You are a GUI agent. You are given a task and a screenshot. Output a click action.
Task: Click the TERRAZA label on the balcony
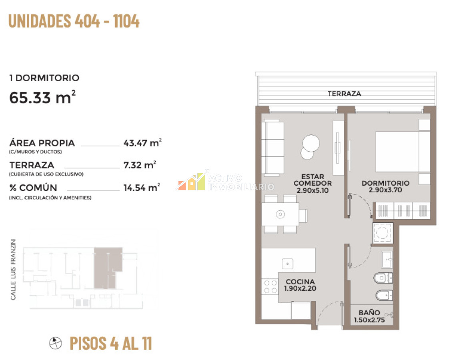click(344, 94)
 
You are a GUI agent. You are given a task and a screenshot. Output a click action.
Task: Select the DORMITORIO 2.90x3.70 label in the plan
click(385, 186)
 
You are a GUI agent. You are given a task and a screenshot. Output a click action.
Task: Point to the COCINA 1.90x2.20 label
click(300, 285)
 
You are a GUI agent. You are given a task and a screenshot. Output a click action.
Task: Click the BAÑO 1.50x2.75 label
click(369, 316)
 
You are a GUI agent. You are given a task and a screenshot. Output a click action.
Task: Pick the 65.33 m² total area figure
click(42, 97)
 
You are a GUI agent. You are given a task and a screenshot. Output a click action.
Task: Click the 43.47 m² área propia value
click(142, 142)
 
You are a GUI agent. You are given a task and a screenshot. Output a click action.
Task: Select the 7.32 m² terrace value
click(140, 165)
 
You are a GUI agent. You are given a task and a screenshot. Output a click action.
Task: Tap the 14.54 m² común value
click(142, 188)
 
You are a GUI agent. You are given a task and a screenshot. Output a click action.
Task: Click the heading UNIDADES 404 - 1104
click(74, 21)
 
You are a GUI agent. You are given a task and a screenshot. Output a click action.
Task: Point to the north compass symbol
click(55, 343)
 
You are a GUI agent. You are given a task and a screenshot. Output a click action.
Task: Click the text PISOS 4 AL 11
click(111, 343)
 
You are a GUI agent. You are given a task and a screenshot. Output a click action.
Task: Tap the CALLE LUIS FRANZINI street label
click(13, 269)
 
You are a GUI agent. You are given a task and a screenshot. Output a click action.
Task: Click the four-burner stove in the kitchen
click(270, 287)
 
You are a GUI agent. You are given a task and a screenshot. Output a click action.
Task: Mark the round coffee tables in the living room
click(310, 146)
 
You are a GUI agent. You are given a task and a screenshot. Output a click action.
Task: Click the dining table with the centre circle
click(281, 214)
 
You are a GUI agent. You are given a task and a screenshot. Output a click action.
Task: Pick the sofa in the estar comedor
click(273, 147)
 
